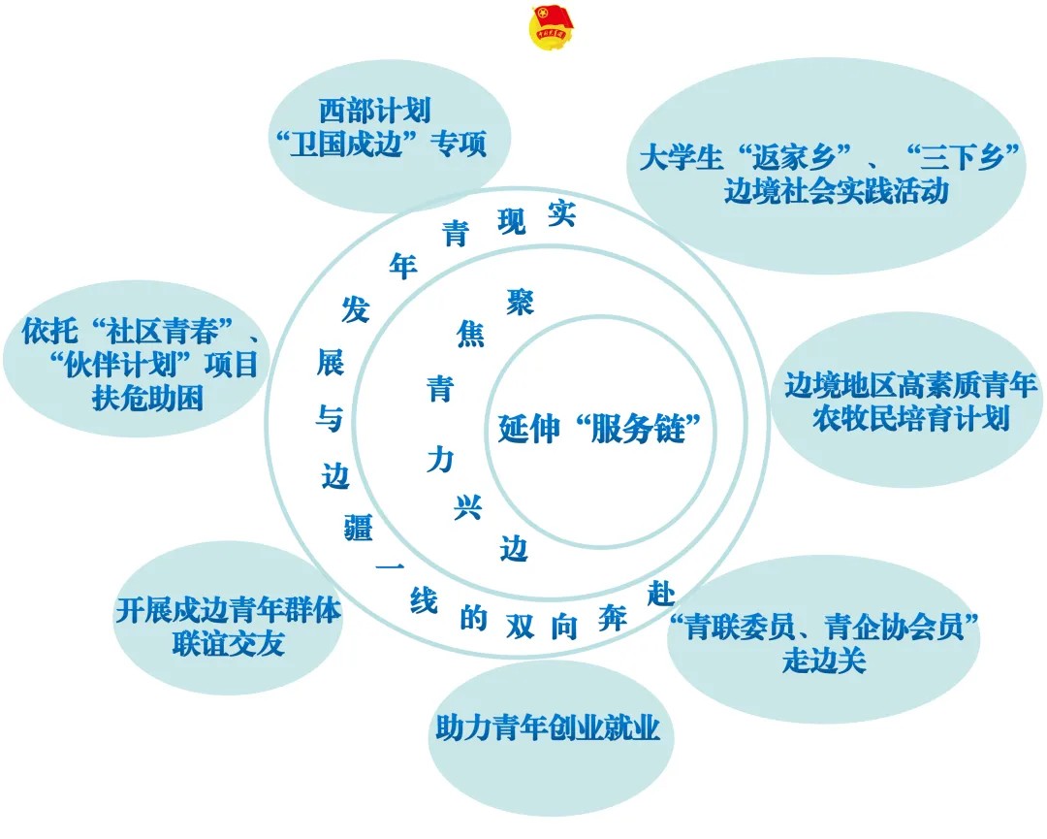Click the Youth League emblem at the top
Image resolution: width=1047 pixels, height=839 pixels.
click(x=551, y=27)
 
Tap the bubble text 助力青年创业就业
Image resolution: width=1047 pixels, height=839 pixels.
click(x=548, y=728)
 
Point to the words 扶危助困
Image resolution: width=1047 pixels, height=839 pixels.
click(x=148, y=399)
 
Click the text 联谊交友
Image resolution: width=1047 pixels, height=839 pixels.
click(x=228, y=644)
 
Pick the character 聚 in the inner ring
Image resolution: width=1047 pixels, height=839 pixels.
click(x=521, y=302)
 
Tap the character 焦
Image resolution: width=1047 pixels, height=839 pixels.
click(x=470, y=336)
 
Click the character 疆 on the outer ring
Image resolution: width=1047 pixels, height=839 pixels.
click(x=359, y=526)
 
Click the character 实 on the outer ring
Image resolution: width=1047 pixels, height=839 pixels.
click(x=560, y=213)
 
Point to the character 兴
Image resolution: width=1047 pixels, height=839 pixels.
click(x=468, y=507)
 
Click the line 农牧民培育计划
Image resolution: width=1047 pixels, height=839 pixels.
click(x=911, y=419)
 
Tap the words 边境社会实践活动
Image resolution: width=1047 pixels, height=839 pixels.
click(x=835, y=191)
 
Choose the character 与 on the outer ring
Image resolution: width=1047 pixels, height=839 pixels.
click(x=330, y=419)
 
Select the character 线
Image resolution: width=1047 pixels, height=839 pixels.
click(x=424, y=602)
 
